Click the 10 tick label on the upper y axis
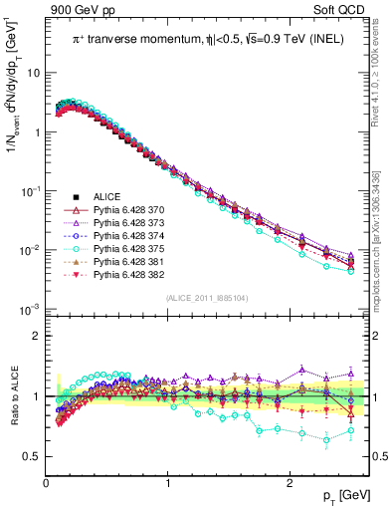[x=33, y=74]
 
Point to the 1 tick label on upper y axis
[x=36, y=132]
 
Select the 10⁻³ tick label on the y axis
[x=30, y=309]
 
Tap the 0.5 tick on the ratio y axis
[x=31, y=456]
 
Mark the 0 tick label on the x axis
[x=46, y=482]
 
